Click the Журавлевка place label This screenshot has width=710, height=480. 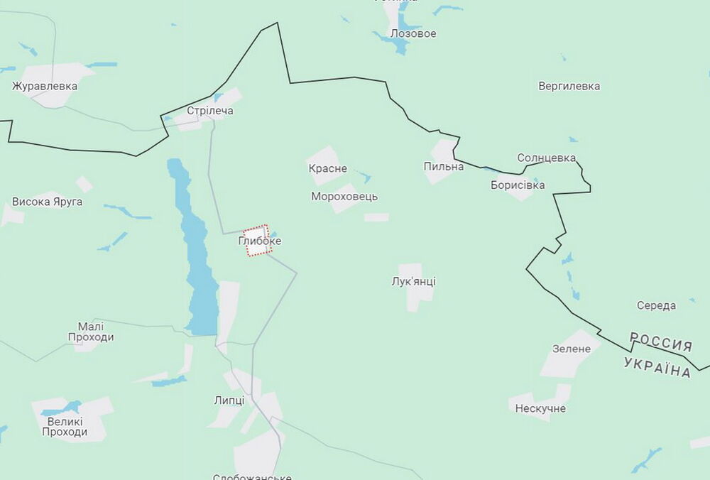(45, 86)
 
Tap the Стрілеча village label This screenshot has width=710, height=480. (209, 111)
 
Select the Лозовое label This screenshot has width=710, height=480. (413, 33)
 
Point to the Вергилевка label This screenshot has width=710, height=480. (569, 86)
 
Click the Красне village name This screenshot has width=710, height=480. (327, 168)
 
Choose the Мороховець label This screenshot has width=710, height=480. (344, 196)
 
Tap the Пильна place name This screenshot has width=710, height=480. (443, 166)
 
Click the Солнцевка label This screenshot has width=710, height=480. (546, 158)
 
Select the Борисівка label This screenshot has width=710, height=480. (518, 185)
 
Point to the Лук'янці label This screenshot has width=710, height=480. (413, 281)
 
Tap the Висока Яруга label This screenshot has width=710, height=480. (47, 202)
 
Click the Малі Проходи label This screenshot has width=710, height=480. (91, 332)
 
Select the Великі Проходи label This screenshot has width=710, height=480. (65, 426)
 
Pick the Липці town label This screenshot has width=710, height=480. (229, 400)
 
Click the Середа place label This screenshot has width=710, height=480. (656, 305)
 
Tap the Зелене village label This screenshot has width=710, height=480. (571, 349)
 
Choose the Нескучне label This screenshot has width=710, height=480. (540, 408)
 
